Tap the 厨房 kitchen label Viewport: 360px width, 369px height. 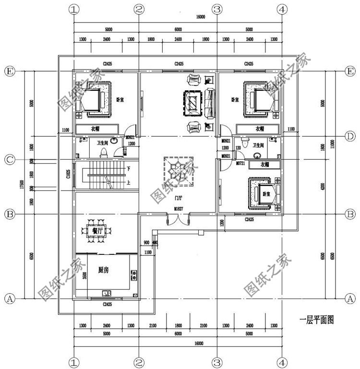point(103,270)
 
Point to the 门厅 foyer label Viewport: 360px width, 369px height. point(179,197)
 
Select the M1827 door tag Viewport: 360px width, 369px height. point(179,209)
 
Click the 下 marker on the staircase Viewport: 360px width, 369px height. point(129,169)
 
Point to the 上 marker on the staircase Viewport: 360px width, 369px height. point(129,182)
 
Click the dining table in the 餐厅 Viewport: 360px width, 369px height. point(100,229)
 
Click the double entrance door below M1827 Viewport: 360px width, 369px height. point(179,220)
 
